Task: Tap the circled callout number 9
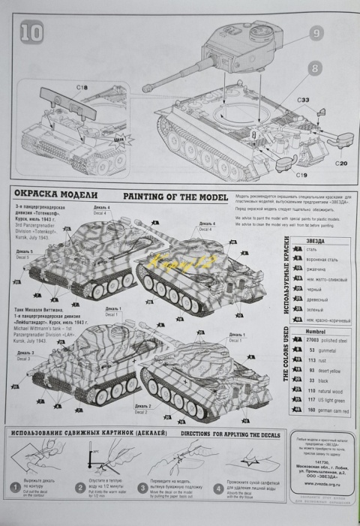(x=316, y=33)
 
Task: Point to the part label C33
(x=303, y=100)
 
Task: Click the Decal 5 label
(x=23, y=252)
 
